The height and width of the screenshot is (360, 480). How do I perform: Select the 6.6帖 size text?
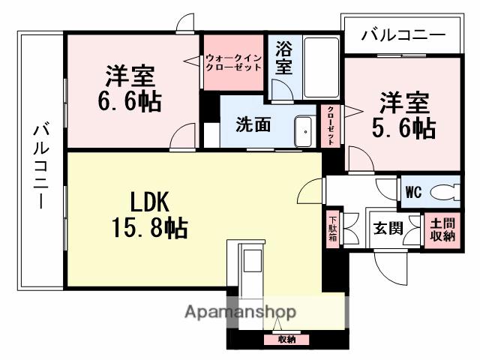pyautogui.click(x=129, y=100)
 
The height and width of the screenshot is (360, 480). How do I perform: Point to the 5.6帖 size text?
pyautogui.click(x=403, y=127)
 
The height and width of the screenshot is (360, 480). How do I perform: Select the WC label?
pyautogui.click(x=413, y=191)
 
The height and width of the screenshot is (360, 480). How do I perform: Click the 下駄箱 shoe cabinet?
pyautogui.click(x=332, y=229)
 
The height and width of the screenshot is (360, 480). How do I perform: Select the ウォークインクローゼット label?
pyautogui.click(x=233, y=61)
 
